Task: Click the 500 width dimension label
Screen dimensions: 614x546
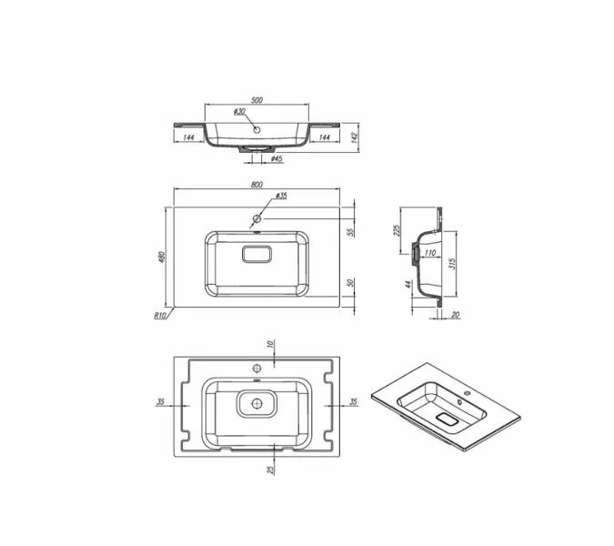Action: [257, 100]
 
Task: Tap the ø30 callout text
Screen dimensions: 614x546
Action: [239, 112]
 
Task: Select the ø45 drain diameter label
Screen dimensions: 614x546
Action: [277, 158]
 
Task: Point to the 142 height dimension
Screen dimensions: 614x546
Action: [355, 138]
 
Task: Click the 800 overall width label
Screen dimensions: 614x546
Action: [257, 185]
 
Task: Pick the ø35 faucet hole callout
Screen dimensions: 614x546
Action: [281, 196]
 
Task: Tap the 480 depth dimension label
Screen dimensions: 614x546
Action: [162, 257]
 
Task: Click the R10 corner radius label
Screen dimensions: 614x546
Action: [160, 315]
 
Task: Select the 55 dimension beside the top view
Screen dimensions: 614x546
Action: [351, 232]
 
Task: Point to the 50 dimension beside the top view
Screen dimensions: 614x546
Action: [351, 283]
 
